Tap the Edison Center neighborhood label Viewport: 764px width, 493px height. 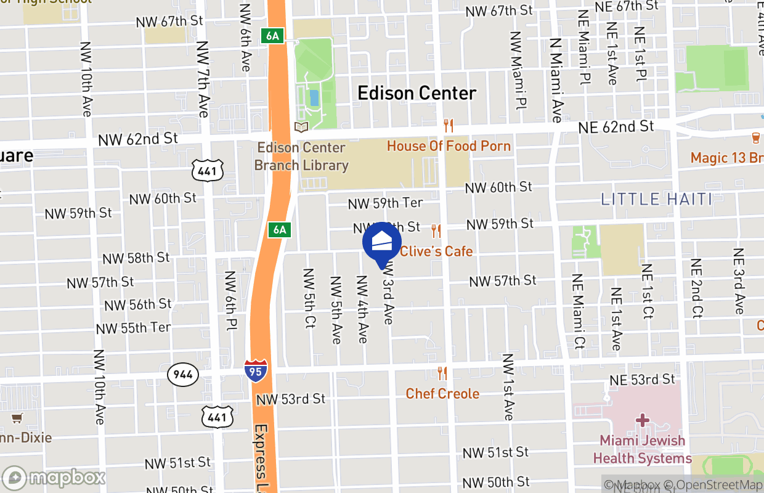click(417, 93)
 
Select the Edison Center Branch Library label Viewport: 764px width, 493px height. click(301, 157)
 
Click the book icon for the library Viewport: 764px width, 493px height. click(301, 127)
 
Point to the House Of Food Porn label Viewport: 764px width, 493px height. click(449, 146)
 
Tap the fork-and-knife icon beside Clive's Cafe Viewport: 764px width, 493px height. click(436, 231)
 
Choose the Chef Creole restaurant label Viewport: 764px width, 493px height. click(442, 393)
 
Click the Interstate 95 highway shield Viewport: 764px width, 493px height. click(256, 371)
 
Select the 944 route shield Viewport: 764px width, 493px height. click(183, 374)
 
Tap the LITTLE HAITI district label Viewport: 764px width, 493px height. click(657, 199)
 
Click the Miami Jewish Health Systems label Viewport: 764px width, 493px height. click(643, 450)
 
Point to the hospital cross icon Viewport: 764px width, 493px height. click(643, 421)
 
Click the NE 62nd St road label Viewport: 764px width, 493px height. click(616, 127)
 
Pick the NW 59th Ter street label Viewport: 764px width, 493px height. click(386, 203)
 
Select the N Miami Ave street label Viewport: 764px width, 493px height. click(556, 80)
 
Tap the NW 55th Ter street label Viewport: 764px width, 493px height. click(133, 328)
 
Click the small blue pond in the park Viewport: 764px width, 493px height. click(314, 97)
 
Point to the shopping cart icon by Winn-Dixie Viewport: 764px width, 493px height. click(17, 418)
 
